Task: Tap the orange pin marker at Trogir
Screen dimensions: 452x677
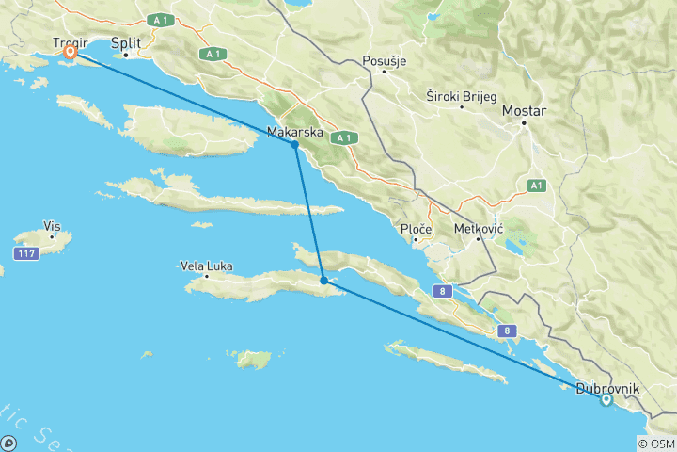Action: click(70, 53)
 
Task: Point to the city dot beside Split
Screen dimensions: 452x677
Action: click(125, 54)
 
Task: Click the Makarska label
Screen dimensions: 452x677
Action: click(295, 132)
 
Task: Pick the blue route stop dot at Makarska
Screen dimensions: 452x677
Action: click(295, 145)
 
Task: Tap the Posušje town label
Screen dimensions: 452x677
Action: click(385, 62)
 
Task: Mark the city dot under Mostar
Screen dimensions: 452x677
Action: click(525, 121)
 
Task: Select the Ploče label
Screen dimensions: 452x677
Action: click(416, 229)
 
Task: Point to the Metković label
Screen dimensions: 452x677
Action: click(479, 229)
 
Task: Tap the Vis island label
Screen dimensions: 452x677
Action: click(52, 226)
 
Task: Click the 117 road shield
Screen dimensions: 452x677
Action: click(25, 254)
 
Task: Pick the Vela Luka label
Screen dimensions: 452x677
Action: click(206, 266)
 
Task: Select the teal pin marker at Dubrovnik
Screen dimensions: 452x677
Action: click(606, 399)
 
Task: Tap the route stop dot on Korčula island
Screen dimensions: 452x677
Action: click(323, 280)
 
